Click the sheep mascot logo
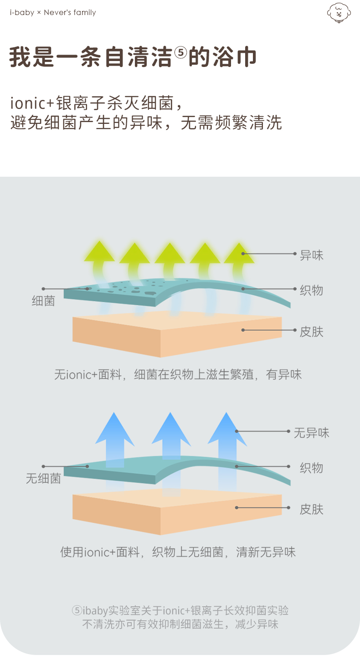(339, 13)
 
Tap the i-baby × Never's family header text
(53, 13)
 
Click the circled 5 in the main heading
(180, 53)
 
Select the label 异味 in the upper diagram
(311, 255)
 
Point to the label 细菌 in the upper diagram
(43, 301)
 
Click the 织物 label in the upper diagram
(311, 290)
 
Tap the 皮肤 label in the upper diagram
(311, 332)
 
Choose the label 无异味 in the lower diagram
(311, 432)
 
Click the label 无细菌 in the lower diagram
(43, 478)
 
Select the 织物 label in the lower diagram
(311, 468)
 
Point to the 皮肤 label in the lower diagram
(311, 509)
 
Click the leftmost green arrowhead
(99, 252)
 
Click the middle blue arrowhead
(170, 428)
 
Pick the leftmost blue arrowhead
(115, 428)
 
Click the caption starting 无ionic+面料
(178, 375)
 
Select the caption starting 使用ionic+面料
(178, 553)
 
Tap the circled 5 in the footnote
(77, 610)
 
